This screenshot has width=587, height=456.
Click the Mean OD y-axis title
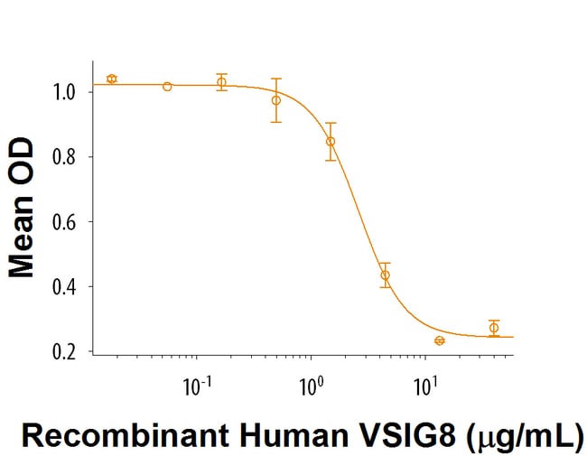pyautogui.click(x=21, y=208)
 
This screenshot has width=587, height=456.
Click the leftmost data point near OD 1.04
pyautogui.click(x=112, y=79)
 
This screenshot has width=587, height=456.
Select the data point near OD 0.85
pyautogui.click(x=331, y=141)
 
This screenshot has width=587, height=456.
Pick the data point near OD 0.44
pyautogui.click(x=386, y=275)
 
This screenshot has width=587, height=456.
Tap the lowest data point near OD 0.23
pyautogui.click(x=440, y=340)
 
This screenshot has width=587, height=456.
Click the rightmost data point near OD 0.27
pyautogui.click(x=494, y=327)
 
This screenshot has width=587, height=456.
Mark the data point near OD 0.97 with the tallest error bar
pyautogui.click(x=276, y=99)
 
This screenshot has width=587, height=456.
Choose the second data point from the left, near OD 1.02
pyautogui.click(x=167, y=86)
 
